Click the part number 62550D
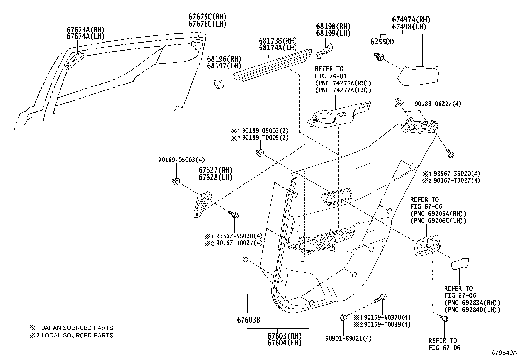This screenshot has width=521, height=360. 382,42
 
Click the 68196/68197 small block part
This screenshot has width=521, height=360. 219,84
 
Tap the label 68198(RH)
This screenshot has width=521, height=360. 333,27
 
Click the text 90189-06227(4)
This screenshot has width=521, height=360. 438,104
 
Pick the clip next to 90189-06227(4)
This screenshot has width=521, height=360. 398,102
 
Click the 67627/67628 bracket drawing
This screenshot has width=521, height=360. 201,204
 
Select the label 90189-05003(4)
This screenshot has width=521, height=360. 181,160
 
